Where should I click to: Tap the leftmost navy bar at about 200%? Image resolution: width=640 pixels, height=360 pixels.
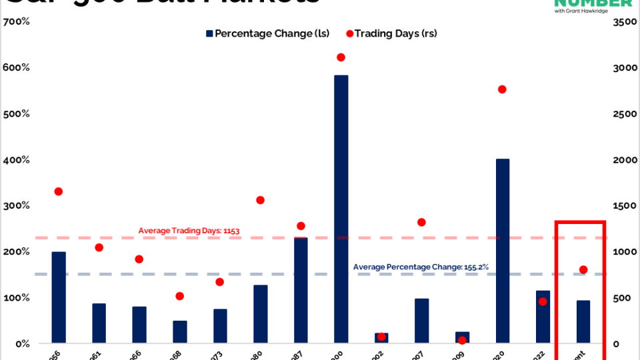click(59, 297)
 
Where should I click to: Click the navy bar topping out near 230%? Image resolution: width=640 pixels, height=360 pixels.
click(301, 290)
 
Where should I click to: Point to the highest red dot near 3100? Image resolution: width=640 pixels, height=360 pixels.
click(341, 57)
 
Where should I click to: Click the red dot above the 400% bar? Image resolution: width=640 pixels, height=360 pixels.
click(502, 89)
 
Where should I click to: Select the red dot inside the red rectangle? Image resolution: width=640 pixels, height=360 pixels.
click(583, 269)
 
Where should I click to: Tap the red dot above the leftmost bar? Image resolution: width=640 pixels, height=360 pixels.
click(59, 191)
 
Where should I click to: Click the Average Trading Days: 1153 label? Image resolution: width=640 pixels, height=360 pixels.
click(189, 231)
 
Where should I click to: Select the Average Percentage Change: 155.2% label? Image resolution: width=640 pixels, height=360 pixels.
click(421, 267)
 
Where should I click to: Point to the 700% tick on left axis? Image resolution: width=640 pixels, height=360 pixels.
click(17, 22)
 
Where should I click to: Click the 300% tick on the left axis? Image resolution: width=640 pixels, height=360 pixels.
click(17, 205)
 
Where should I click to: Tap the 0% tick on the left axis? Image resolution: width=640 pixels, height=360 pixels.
click(21, 343)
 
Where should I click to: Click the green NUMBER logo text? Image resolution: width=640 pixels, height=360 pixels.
click(593, 3)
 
